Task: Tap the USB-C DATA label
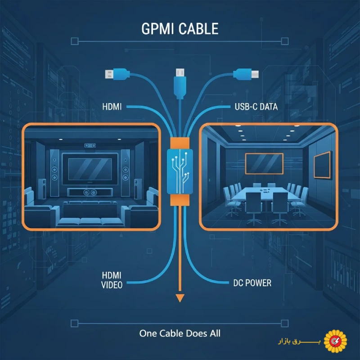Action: [x=255, y=107]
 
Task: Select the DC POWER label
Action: [x=252, y=283]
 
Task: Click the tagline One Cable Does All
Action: [x=180, y=333]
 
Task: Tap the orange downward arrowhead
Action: [x=180, y=297]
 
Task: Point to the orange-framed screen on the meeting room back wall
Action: [x=264, y=163]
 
